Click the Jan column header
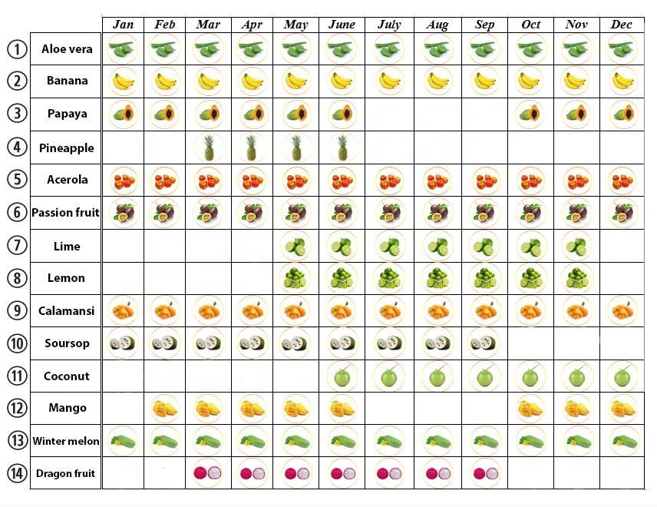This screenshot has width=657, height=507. click(123, 25)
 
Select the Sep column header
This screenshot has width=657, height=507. click(484, 25)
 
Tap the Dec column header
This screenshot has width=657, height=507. click(622, 25)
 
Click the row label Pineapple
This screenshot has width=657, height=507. click(66, 147)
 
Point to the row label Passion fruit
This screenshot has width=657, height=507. click(66, 213)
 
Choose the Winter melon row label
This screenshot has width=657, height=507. click(66, 441)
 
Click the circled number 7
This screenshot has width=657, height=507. click(17, 246)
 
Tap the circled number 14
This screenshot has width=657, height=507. click(17, 473)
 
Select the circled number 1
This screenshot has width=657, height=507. click(17, 49)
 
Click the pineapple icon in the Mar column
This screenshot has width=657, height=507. click(208, 147)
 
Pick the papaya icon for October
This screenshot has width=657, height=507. click(530, 114)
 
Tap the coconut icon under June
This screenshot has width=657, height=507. click(342, 377)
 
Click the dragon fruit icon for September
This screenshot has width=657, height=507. click(484, 473)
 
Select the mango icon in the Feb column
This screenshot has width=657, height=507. click(164, 409)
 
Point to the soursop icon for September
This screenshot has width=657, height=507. click(484, 343)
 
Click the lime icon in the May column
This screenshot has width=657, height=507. click(295, 247)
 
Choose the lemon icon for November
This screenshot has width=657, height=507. click(576, 278)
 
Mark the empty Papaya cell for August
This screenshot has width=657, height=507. click(437, 114)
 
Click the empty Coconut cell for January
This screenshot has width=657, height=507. click(123, 376)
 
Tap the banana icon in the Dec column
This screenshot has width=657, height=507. click(622, 81)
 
